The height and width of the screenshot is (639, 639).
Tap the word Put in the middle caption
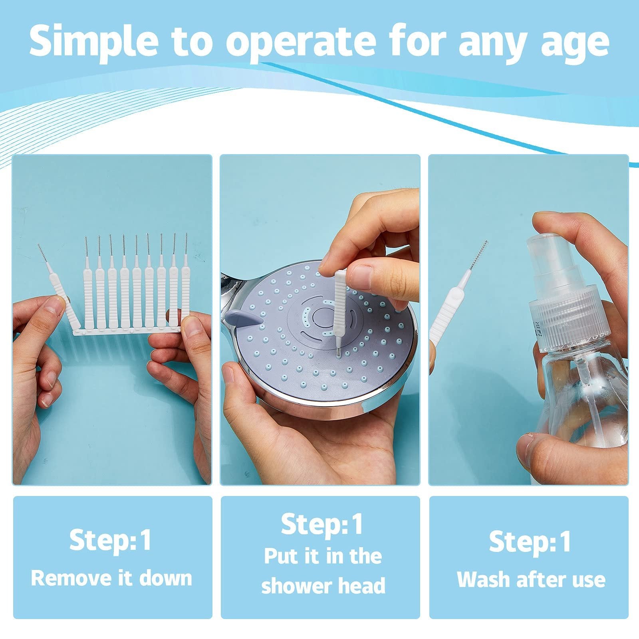281,556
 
